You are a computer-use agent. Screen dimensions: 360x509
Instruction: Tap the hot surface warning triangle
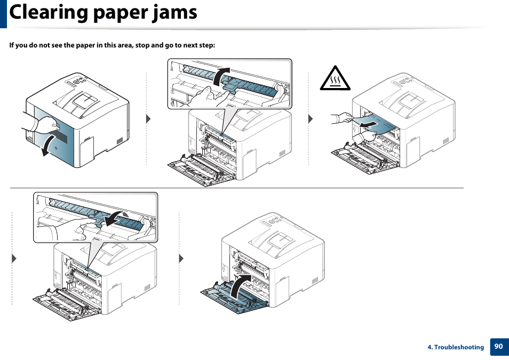coord(336,79)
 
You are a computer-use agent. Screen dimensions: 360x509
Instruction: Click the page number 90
coord(498,347)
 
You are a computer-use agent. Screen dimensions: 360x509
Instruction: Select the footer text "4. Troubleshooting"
coord(455,347)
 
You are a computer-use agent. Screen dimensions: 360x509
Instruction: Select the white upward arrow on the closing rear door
coord(240,285)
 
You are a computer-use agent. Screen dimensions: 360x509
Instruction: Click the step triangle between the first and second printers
coord(149,118)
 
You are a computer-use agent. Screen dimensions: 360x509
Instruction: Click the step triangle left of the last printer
coord(181,259)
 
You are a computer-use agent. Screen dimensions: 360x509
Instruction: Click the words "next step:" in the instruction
coord(199,45)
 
